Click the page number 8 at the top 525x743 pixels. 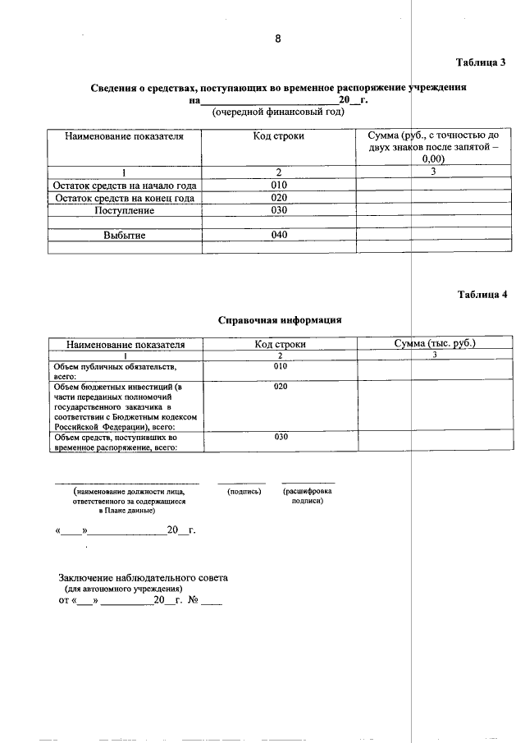tap(278, 39)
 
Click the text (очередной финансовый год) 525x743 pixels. tap(278, 112)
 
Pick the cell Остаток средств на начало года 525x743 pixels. tap(125, 185)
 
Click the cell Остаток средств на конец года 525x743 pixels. tap(125, 198)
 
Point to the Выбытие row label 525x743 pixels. tap(125, 236)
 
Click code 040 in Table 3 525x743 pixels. tap(279, 236)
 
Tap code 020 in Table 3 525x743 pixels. tap(279, 198)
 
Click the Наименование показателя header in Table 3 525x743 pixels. tap(125, 136)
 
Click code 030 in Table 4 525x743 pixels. tap(281, 437)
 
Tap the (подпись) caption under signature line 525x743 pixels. tap(244, 491)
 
